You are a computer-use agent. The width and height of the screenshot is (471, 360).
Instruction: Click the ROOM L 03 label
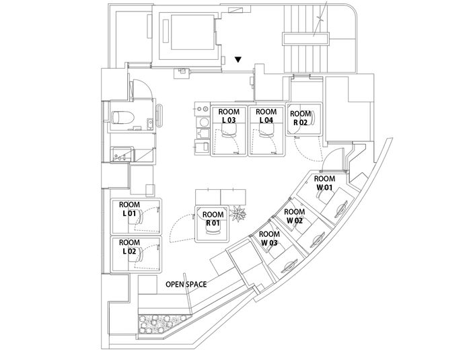point(229,115)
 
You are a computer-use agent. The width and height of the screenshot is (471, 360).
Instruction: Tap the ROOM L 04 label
point(267,115)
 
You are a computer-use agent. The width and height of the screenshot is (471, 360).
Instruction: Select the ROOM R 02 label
point(300,118)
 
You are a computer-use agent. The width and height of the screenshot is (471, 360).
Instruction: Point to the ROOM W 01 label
point(325,183)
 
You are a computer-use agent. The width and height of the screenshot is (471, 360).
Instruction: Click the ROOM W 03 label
point(269,238)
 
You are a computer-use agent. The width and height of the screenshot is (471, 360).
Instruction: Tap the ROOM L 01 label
point(129,209)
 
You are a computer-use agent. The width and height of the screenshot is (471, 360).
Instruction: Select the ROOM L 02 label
point(129,246)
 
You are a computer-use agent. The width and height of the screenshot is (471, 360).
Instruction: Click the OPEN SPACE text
point(186,284)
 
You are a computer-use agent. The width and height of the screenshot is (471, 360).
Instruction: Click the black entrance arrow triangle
point(238,60)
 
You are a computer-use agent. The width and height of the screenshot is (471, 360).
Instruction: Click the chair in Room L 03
point(228,133)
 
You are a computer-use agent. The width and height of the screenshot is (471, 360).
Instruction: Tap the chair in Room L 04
point(264,133)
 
